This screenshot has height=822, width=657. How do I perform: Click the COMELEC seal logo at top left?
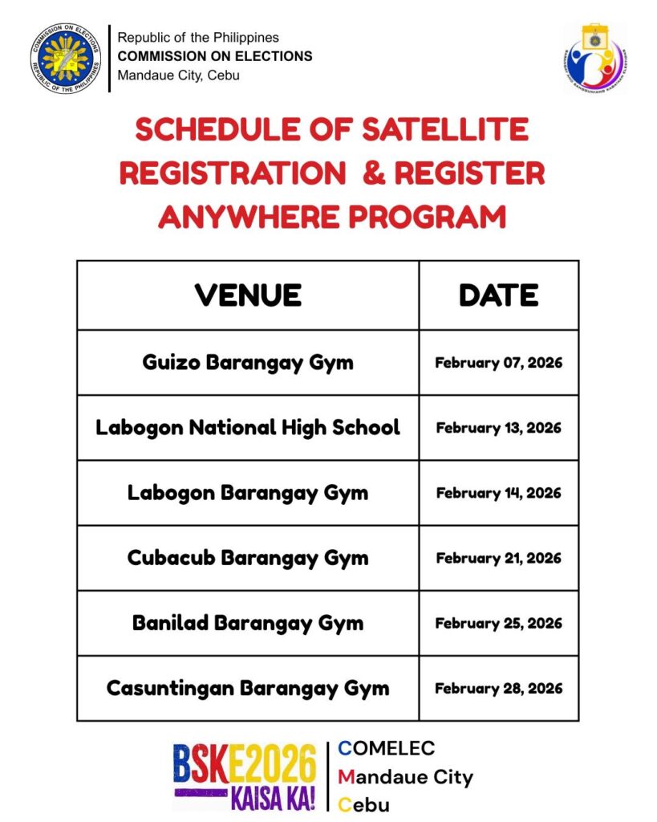tap(66, 58)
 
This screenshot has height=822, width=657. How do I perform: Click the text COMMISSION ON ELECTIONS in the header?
tap(215, 57)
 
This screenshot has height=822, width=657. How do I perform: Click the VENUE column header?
tap(248, 295)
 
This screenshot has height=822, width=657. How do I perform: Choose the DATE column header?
tap(498, 295)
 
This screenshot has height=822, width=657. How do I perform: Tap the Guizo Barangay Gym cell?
tap(248, 362)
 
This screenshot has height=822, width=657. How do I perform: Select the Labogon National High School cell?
tap(248, 427)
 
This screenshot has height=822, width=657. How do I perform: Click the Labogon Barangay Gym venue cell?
tap(248, 492)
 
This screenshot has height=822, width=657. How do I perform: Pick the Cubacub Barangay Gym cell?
tap(248, 557)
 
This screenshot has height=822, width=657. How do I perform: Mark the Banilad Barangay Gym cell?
tap(248, 623)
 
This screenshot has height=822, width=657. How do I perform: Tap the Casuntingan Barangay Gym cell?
tap(248, 688)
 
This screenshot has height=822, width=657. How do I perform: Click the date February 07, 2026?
tap(498, 363)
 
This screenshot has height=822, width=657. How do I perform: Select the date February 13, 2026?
tap(498, 428)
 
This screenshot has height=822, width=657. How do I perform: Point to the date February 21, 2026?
tap(498, 558)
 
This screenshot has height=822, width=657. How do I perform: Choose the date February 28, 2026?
tap(498, 688)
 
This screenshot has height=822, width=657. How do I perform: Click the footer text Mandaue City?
tap(405, 777)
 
